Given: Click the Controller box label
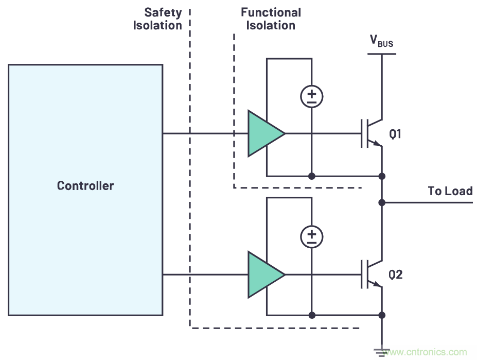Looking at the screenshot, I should [85, 185].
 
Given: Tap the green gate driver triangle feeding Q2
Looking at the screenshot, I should [263, 275].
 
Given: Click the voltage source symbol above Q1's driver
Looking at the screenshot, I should [312, 96].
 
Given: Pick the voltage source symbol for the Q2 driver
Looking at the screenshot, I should [312, 236].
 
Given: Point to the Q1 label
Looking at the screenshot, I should [396, 134].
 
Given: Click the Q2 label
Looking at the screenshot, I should [396, 275].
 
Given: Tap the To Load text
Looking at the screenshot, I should [450, 191].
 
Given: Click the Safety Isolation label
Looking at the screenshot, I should [157, 19].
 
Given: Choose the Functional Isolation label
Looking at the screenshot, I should [271, 19].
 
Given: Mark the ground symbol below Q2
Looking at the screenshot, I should [382, 352].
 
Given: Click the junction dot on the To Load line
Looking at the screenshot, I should [382, 202].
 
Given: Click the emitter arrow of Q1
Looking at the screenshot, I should [378, 144].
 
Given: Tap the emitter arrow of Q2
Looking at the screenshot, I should [378, 284].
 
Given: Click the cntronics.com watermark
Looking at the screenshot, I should [428, 353].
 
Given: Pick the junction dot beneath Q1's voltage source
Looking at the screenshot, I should [312, 176].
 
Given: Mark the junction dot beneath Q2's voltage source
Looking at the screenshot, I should [312, 315].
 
